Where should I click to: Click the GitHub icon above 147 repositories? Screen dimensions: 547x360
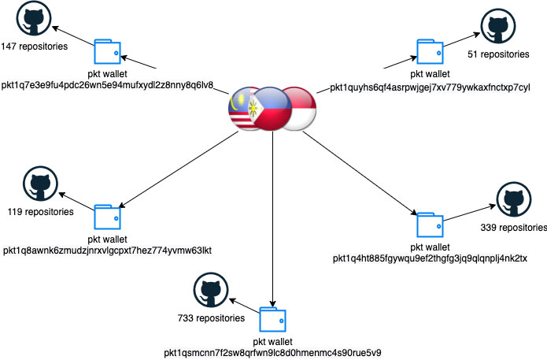[34, 18]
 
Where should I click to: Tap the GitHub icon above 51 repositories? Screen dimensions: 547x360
[498, 26]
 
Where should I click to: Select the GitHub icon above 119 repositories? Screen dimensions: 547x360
[40, 184]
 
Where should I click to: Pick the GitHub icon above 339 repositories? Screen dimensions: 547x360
[514, 199]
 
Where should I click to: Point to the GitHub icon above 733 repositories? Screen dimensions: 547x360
[211, 290]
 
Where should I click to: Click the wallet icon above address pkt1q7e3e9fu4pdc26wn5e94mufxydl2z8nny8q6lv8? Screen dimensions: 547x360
[108, 52]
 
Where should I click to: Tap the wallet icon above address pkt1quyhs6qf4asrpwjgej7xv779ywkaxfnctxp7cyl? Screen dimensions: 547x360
[431, 52]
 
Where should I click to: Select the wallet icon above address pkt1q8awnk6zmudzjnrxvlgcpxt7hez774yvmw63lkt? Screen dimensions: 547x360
[108, 217]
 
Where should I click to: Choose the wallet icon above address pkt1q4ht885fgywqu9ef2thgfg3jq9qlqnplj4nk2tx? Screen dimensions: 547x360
[431, 225]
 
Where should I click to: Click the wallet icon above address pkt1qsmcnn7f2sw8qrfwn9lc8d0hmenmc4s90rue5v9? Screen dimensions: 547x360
[273, 320]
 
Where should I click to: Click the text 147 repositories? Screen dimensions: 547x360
[34, 46]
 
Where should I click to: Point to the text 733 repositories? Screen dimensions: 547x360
[211, 318]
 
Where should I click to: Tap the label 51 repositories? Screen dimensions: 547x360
[498, 54]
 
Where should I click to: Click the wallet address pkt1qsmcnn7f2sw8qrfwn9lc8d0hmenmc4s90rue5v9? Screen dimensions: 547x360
[272, 353]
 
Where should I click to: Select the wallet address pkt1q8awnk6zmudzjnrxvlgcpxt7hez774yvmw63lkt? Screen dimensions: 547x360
[108, 251]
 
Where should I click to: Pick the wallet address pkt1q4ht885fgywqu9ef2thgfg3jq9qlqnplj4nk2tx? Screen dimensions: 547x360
[430, 258]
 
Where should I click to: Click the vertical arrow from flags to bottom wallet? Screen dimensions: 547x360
[273, 219]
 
